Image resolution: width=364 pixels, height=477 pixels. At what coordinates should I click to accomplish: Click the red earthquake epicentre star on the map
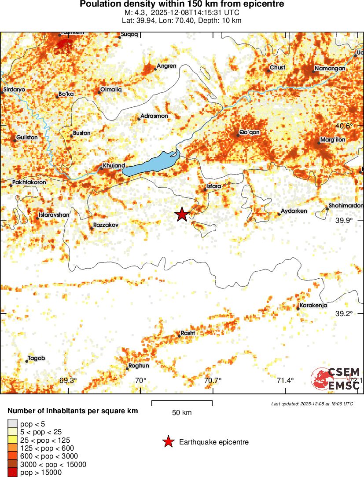(x=182, y=214)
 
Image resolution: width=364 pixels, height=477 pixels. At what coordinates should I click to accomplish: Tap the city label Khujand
(x=114, y=166)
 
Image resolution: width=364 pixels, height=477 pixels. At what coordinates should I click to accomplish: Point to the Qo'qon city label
(x=249, y=132)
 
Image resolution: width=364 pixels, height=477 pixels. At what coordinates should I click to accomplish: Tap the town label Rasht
(x=188, y=333)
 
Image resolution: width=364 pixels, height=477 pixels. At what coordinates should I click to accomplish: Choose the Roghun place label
(x=138, y=366)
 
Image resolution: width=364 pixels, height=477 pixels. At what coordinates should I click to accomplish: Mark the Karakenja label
(x=313, y=306)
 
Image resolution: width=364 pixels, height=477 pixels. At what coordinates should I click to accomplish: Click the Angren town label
(x=166, y=66)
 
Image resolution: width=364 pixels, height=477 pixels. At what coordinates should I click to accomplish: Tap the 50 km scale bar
(x=182, y=403)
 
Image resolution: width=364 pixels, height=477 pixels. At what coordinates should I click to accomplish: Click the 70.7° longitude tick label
(x=213, y=380)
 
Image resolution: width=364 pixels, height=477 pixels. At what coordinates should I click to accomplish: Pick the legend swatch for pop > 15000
(x=13, y=473)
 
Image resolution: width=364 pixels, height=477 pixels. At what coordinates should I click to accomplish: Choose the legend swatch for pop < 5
(x=13, y=424)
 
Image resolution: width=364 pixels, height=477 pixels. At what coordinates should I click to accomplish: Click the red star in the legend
(x=168, y=442)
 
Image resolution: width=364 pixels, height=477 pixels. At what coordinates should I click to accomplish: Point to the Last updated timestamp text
(x=312, y=404)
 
